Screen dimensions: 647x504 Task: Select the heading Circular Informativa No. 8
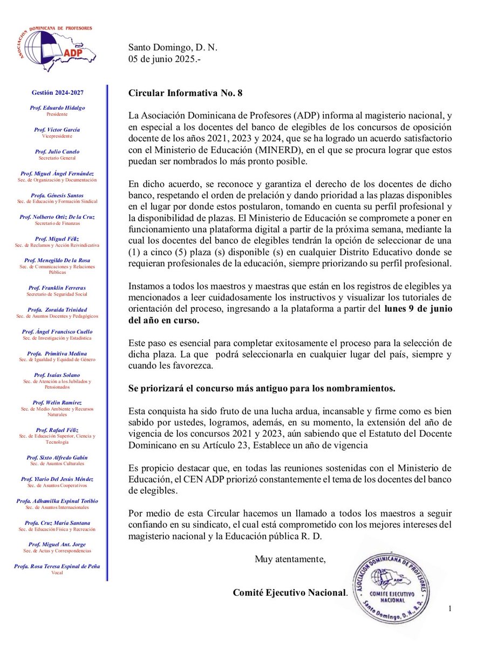[x=185, y=93]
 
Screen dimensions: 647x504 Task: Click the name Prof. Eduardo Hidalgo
[x=56, y=108]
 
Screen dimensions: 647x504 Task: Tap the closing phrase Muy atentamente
[x=290, y=559]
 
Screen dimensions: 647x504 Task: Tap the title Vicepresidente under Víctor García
[x=56, y=136]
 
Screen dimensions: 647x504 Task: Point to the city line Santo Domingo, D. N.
[x=173, y=48]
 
